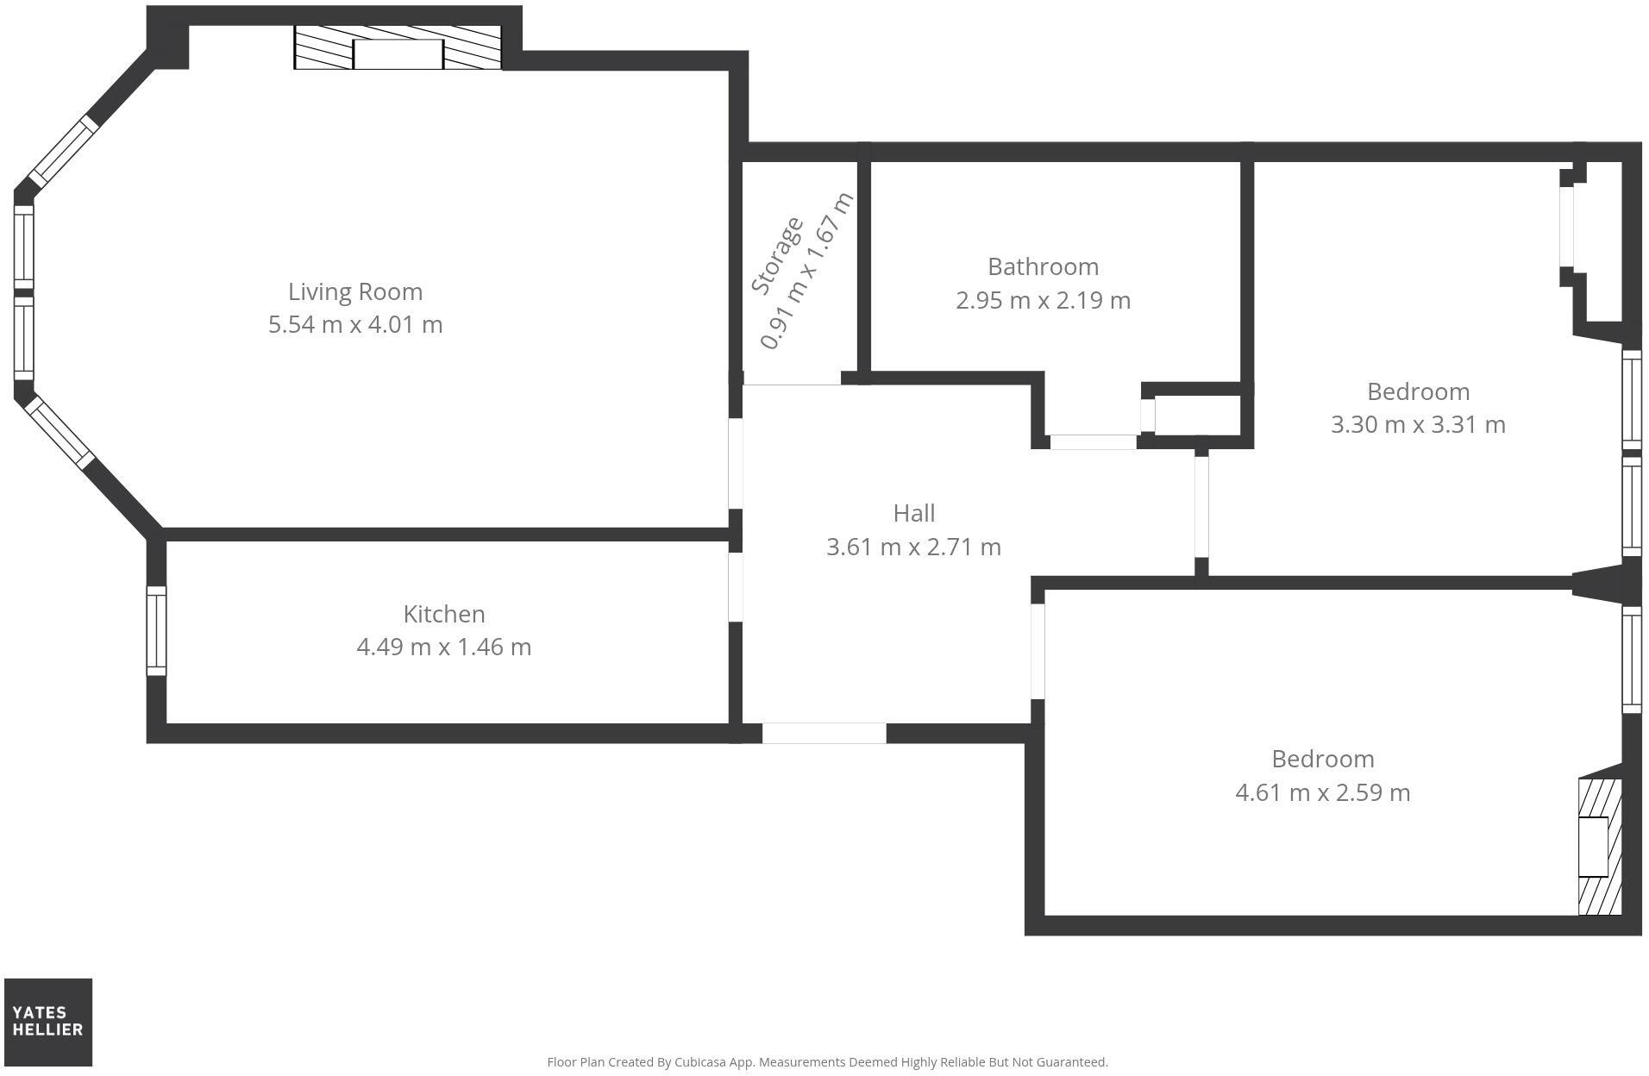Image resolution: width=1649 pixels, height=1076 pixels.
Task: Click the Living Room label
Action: click(354, 291)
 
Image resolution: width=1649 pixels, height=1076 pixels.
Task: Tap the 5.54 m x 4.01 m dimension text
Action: click(354, 325)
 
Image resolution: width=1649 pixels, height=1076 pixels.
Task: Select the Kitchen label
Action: click(444, 614)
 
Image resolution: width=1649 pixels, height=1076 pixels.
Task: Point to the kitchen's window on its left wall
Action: click(156, 631)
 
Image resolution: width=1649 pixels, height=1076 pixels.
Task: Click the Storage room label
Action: click(777, 256)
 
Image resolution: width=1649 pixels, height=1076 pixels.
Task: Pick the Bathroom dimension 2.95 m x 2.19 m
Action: click(1043, 300)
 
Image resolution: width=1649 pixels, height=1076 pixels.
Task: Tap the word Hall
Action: click(913, 513)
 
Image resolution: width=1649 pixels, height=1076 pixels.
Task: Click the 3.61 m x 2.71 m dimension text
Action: click(913, 547)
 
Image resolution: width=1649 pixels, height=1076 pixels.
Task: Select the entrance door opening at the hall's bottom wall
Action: click(824, 733)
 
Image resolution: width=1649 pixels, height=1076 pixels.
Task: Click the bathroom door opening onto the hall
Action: click(1093, 442)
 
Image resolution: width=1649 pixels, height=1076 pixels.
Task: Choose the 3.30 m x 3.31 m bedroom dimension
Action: click(1418, 424)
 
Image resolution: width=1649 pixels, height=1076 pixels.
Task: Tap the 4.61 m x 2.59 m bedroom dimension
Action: click(1322, 792)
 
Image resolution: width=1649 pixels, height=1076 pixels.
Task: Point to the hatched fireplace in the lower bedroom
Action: click(1599, 847)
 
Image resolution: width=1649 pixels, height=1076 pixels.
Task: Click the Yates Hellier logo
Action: click(48, 1022)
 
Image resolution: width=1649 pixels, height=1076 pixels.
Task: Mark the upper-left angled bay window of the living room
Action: click(61, 153)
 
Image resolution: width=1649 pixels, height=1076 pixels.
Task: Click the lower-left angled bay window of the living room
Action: click(60, 433)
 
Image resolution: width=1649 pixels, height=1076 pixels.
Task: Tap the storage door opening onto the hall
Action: click(792, 380)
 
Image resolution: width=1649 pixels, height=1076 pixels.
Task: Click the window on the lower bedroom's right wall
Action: click(1631, 660)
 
